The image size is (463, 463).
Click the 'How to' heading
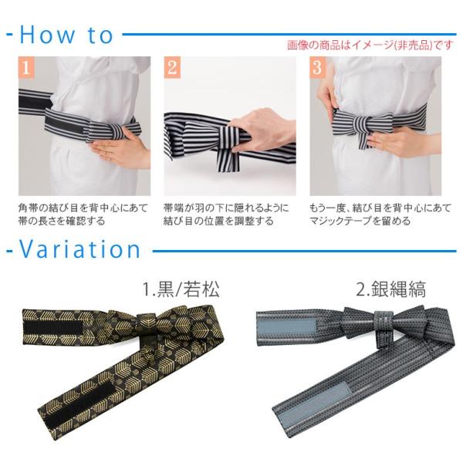66,35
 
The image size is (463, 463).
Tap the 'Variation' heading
79,249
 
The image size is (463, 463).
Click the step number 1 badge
26,68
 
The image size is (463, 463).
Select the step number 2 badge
172,68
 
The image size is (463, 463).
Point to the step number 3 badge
317,68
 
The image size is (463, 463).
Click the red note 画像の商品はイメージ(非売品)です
370,45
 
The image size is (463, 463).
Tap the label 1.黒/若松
181,289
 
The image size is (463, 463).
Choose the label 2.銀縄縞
391,289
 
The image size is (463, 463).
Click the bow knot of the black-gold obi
146,323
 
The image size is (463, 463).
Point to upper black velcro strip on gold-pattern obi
53,328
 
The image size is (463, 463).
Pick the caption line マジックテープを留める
360,221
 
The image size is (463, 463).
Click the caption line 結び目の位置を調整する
218,221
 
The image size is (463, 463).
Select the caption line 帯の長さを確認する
62,221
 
